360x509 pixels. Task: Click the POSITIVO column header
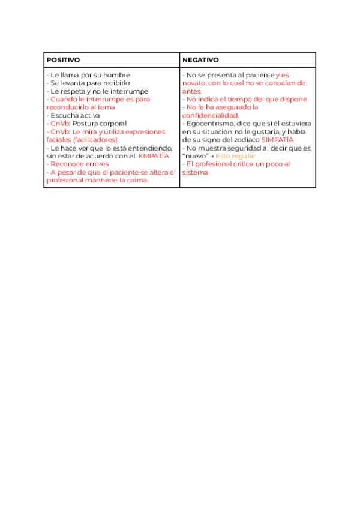click(63, 61)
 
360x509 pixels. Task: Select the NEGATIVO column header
click(200, 61)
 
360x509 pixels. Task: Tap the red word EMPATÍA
click(154, 156)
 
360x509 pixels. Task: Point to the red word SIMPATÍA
click(278, 140)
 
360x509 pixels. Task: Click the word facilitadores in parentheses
click(96, 140)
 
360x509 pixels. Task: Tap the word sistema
click(196, 172)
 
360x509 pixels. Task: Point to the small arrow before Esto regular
click(212, 156)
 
